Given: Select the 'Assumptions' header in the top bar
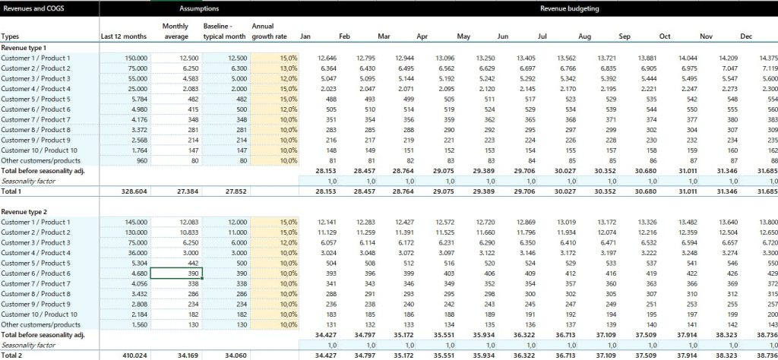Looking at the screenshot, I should coord(199,8).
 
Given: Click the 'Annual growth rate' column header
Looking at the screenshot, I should coord(274,31).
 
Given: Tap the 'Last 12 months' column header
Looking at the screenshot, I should coord(123,36).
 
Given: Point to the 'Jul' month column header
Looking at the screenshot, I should coord(542,36).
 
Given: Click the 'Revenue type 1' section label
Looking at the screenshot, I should coord(24,47).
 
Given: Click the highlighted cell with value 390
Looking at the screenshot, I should coord(176,273).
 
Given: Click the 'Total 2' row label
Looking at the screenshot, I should coord(13,354).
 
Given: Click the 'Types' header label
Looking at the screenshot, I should coord(11,36).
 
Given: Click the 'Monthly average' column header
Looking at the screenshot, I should coord(176,31).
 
